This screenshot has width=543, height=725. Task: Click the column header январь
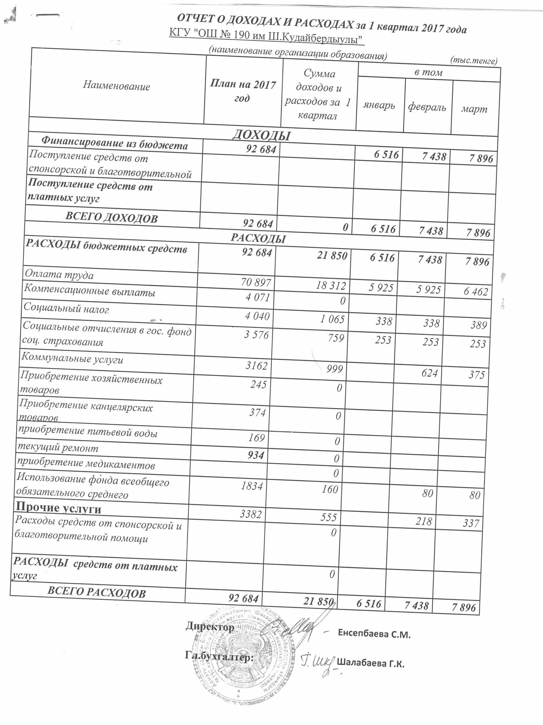coord(379,106)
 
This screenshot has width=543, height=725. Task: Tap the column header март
coord(474,110)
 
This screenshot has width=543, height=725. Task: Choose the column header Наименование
coord(116,86)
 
